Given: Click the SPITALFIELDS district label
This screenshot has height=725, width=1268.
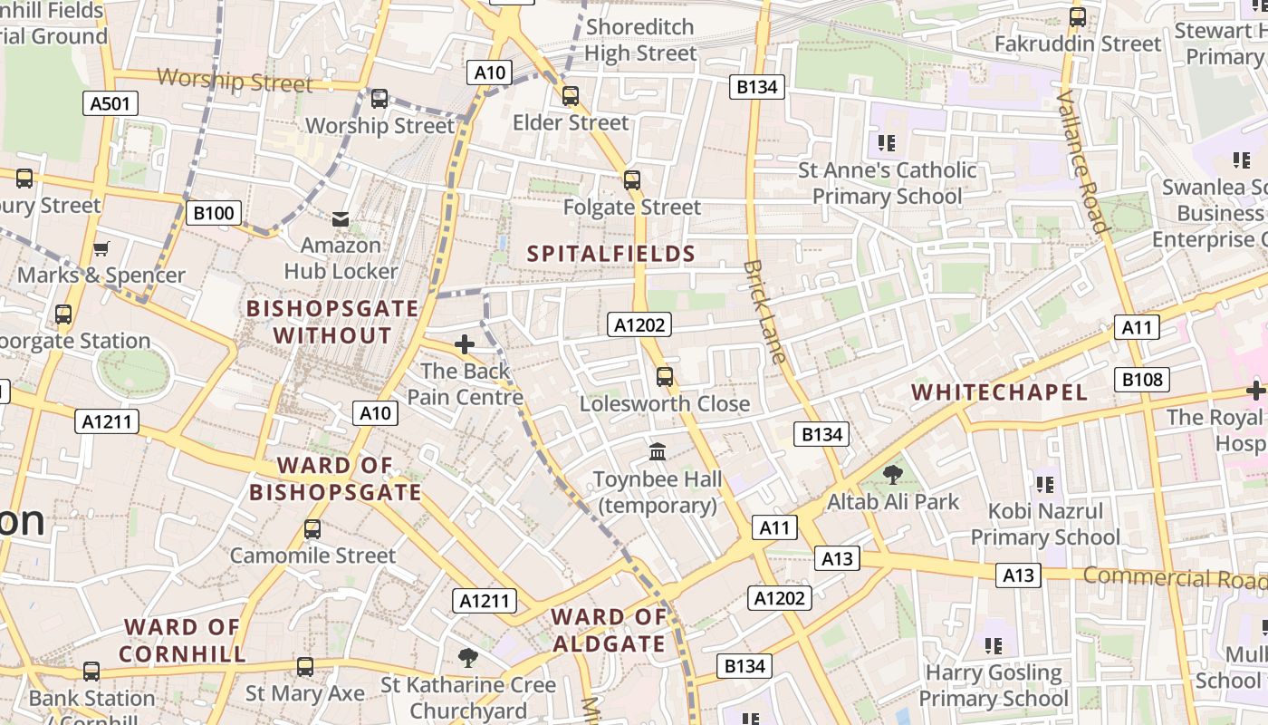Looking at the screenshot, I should pyautogui.click(x=611, y=254).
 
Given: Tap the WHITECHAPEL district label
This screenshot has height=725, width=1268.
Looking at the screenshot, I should pyautogui.click(x=999, y=392).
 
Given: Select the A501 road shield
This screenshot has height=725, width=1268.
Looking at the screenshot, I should pyautogui.click(x=110, y=103).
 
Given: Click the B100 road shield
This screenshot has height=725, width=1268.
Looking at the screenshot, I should pyautogui.click(x=215, y=214).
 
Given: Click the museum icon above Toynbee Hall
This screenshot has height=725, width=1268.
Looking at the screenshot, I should pyautogui.click(x=658, y=451).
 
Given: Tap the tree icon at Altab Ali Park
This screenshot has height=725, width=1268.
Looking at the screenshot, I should pyautogui.click(x=892, y=474).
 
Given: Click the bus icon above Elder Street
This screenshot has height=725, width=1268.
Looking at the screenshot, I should pyautogui.click(x=570, y=96).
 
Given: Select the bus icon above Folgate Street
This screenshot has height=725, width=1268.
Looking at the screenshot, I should pyautogui.click(x=632, y=180).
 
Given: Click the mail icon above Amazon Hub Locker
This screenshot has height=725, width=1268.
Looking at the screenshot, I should pyautogui.click(x=341, y=218).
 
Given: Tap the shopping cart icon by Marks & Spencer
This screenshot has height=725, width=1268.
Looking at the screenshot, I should pyautogui.click(x=101, y=248).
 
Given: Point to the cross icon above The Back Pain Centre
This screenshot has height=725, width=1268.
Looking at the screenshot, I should pyautogui.click(x=465, y=344).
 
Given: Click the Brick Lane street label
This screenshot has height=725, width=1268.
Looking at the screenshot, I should pyautogui.click(x=764, y=312).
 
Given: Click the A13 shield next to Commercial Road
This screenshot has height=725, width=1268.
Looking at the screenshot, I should pyautogui.click(x=1018, y=575).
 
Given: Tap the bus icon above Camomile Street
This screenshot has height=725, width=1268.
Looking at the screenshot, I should pyautogui.click(x=312, y=528).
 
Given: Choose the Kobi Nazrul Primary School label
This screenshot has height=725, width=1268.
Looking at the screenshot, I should pyautogui.click(x=1045, y=524).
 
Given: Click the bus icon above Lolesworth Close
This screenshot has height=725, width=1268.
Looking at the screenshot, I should pyautogui.click(x=665, y=376).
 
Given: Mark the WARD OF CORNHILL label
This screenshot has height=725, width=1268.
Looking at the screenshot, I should pyautogui.click(x=182, y=640).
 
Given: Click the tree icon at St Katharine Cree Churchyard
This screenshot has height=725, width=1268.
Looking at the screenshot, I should pyautogui.click(x=467, y=657).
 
